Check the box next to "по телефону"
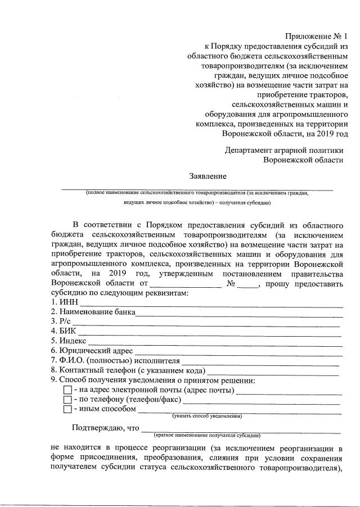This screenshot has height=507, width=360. point(67,400)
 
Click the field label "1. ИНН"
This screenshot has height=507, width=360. point(61,304)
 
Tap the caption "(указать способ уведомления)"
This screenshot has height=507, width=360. point(207,417)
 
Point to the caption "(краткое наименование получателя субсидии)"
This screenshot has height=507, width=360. point(207,436)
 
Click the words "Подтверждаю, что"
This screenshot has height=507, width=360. point(105,428)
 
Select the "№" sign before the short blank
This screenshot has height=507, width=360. point(230,284)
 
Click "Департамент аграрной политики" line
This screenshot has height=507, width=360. point(284,151)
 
